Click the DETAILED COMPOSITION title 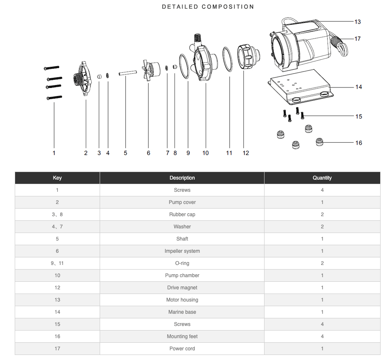pos(208,7)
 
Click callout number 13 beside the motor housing pos(357,22)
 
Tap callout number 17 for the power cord pos(357,39)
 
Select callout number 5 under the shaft pos(125,153)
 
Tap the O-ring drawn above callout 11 pos(227,60)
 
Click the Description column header pos(182,178)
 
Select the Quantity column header pos(322,178)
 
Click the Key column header pos(57,178)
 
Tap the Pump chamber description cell pos(182,275)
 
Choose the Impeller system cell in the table pos(182,251)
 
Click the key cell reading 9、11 pos(57,263)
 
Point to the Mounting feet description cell pos(182,336)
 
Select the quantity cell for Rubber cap pos(322,214)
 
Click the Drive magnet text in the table pos(182,288)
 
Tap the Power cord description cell pos(182,349)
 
